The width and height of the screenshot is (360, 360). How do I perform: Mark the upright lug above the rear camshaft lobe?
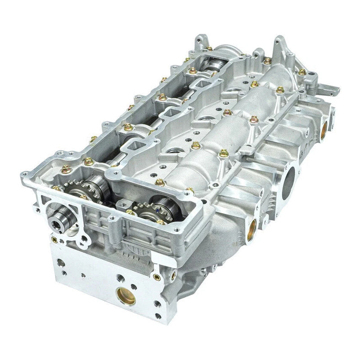[x=198, y=41]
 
